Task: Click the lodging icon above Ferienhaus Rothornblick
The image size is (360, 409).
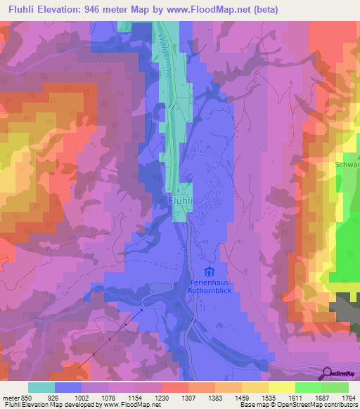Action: [x=207, y=271]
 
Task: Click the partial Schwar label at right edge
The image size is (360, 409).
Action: [x=347, y=166]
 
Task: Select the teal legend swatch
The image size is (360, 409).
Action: [x=41, y=387]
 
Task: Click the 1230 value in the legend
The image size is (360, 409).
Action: [x=162, y=397]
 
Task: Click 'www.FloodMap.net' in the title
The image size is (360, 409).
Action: [x=217, y=10]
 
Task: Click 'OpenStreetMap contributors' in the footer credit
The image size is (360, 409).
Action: [x=319, y=405]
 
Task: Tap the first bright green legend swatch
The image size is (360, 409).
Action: [x=309, y=387]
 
